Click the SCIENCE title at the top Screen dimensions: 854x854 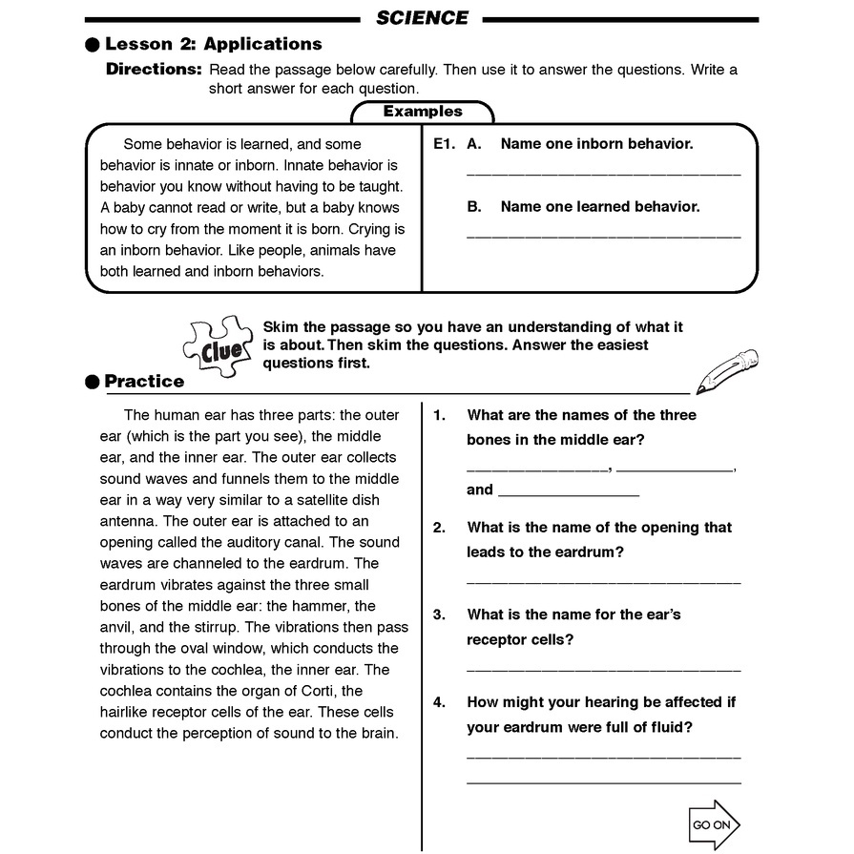[422, 17]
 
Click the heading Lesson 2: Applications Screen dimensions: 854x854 [213, 44]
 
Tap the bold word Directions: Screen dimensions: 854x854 [154, 70]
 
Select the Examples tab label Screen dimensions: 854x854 [423, 112]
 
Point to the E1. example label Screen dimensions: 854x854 [444, 144]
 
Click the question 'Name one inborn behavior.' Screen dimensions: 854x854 [596, 144]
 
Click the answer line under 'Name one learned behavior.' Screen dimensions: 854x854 [603, 235]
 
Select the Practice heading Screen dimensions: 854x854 [144, 382]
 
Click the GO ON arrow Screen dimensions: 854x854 [713, 824]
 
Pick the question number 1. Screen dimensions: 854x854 [439, 415]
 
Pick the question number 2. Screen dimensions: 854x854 [439, 528]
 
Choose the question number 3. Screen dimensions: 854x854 [439, 615]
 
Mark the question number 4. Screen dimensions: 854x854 [439, 702]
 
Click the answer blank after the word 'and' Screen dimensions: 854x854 [568, 494]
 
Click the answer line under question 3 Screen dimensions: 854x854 [603, 670]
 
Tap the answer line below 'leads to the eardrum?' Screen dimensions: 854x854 [603, 581]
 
